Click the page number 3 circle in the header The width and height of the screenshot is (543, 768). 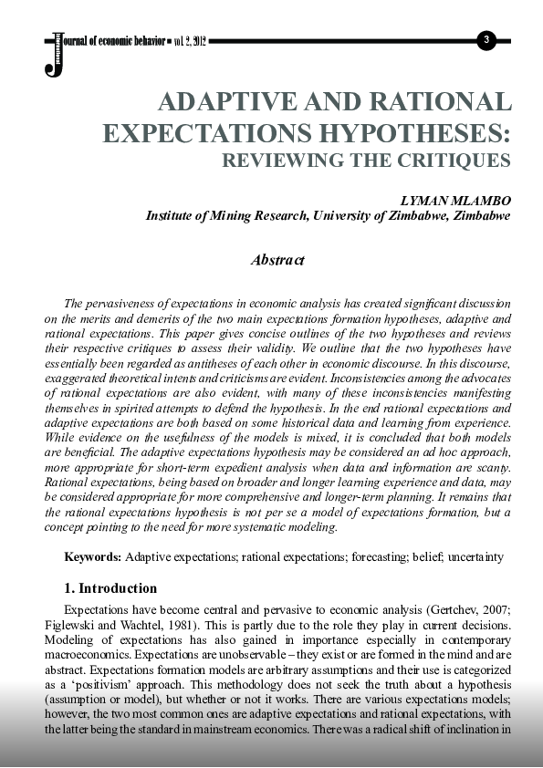coord(486,39)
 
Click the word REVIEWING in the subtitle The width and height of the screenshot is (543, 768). coord(287,161)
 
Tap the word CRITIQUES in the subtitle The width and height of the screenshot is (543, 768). coord(459,161)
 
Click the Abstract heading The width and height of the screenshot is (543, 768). coord(277,260)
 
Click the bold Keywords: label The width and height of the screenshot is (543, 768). coord(92,556)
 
